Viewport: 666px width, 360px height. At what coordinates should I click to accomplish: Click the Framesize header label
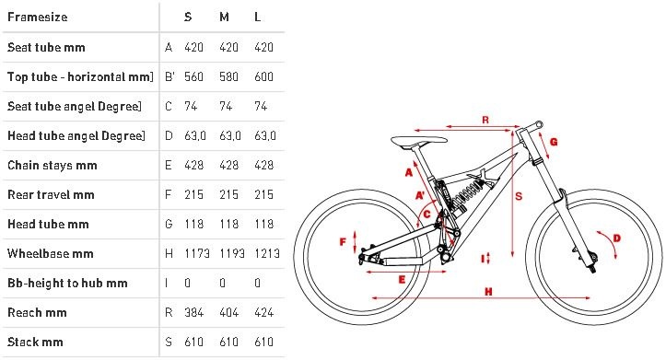pos(38,17)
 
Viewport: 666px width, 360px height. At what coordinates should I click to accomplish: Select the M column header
pos(224,17)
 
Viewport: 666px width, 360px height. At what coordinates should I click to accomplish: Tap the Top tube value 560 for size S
pos(193,76)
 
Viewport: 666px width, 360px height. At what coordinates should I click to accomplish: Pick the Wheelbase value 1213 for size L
pos(267,253)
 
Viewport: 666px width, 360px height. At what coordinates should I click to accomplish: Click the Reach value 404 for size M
pos(228,312)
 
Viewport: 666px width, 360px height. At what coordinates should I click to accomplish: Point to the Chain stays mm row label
pos(53,165)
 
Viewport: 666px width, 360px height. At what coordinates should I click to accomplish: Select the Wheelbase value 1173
pos(197,253)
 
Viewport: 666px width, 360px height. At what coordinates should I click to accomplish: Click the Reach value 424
pos(263,312)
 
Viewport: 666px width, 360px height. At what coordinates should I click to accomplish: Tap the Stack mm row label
pos(35,342)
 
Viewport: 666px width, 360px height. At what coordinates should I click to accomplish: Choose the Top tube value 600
pos(263,76)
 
